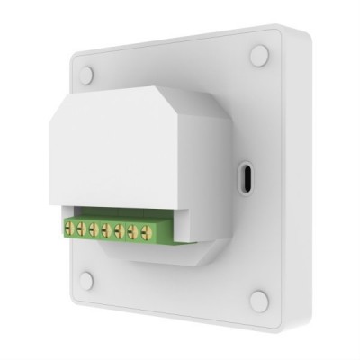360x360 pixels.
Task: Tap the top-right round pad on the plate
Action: click(x=259, y=56)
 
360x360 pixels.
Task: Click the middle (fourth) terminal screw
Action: click(x=106, y=231)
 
